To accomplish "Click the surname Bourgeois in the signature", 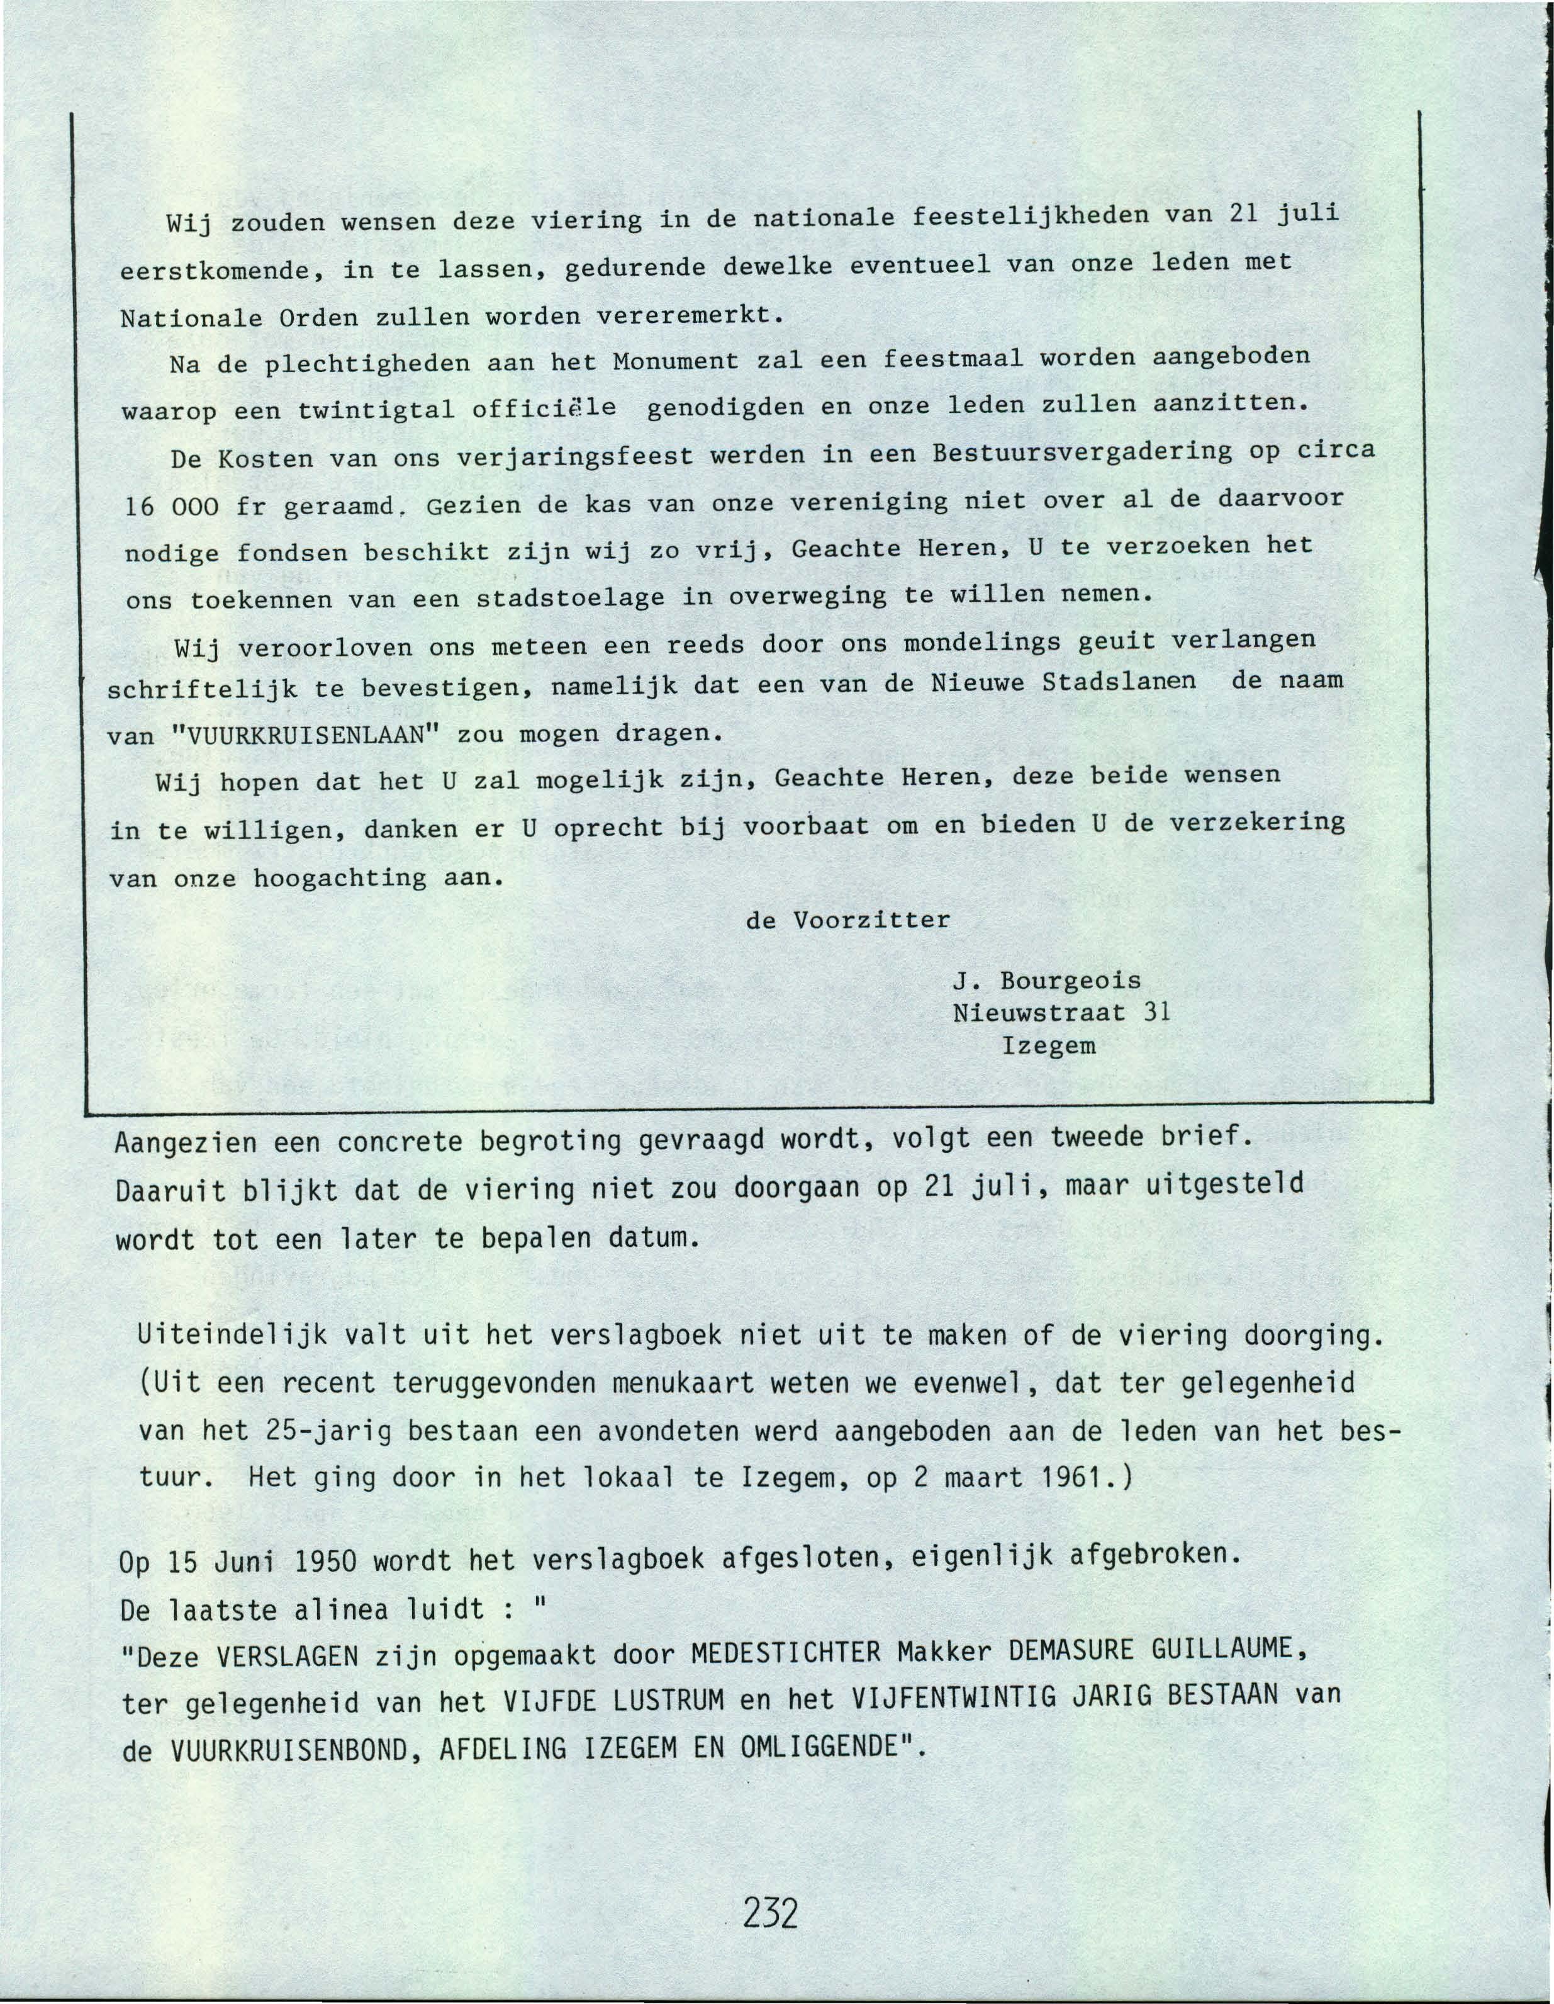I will (1071, 981).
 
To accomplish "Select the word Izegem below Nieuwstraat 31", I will (1049, 1045).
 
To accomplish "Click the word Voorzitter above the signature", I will (871, 920).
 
